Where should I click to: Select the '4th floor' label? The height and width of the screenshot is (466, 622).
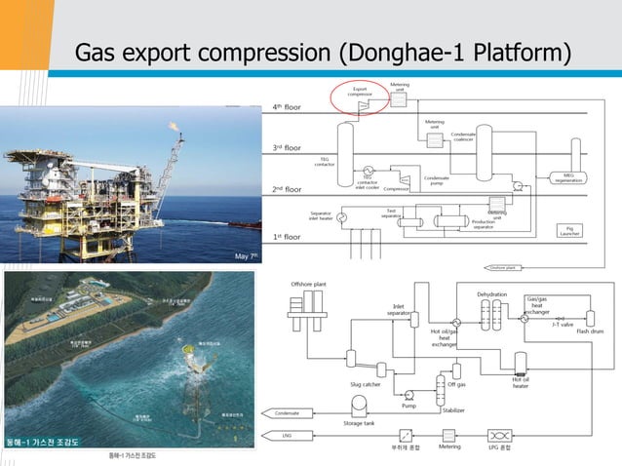point(292,106)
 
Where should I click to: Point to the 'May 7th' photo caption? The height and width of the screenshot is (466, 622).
point(246,256)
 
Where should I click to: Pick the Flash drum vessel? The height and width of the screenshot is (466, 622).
point(591,318)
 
